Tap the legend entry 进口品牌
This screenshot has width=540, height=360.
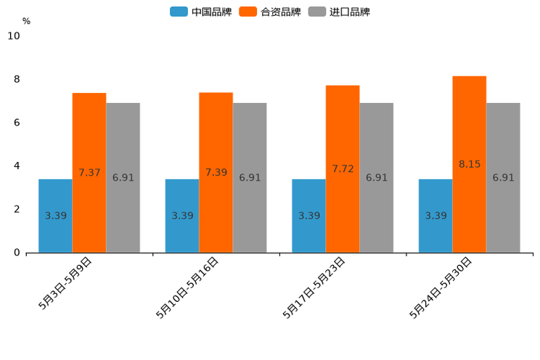coord(339,12)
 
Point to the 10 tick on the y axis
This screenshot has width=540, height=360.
coord(14,36)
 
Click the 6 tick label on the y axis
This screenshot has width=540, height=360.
coord(17,123)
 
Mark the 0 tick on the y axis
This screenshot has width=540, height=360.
coord(17,253)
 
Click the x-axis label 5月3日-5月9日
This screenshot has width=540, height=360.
coord(65,283)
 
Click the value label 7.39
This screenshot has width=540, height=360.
coord(216,173)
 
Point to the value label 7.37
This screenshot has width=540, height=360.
coord(89,173)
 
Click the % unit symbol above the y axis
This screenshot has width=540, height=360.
coord(26,22)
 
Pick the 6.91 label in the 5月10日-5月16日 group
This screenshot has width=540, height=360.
coord(250,178)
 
